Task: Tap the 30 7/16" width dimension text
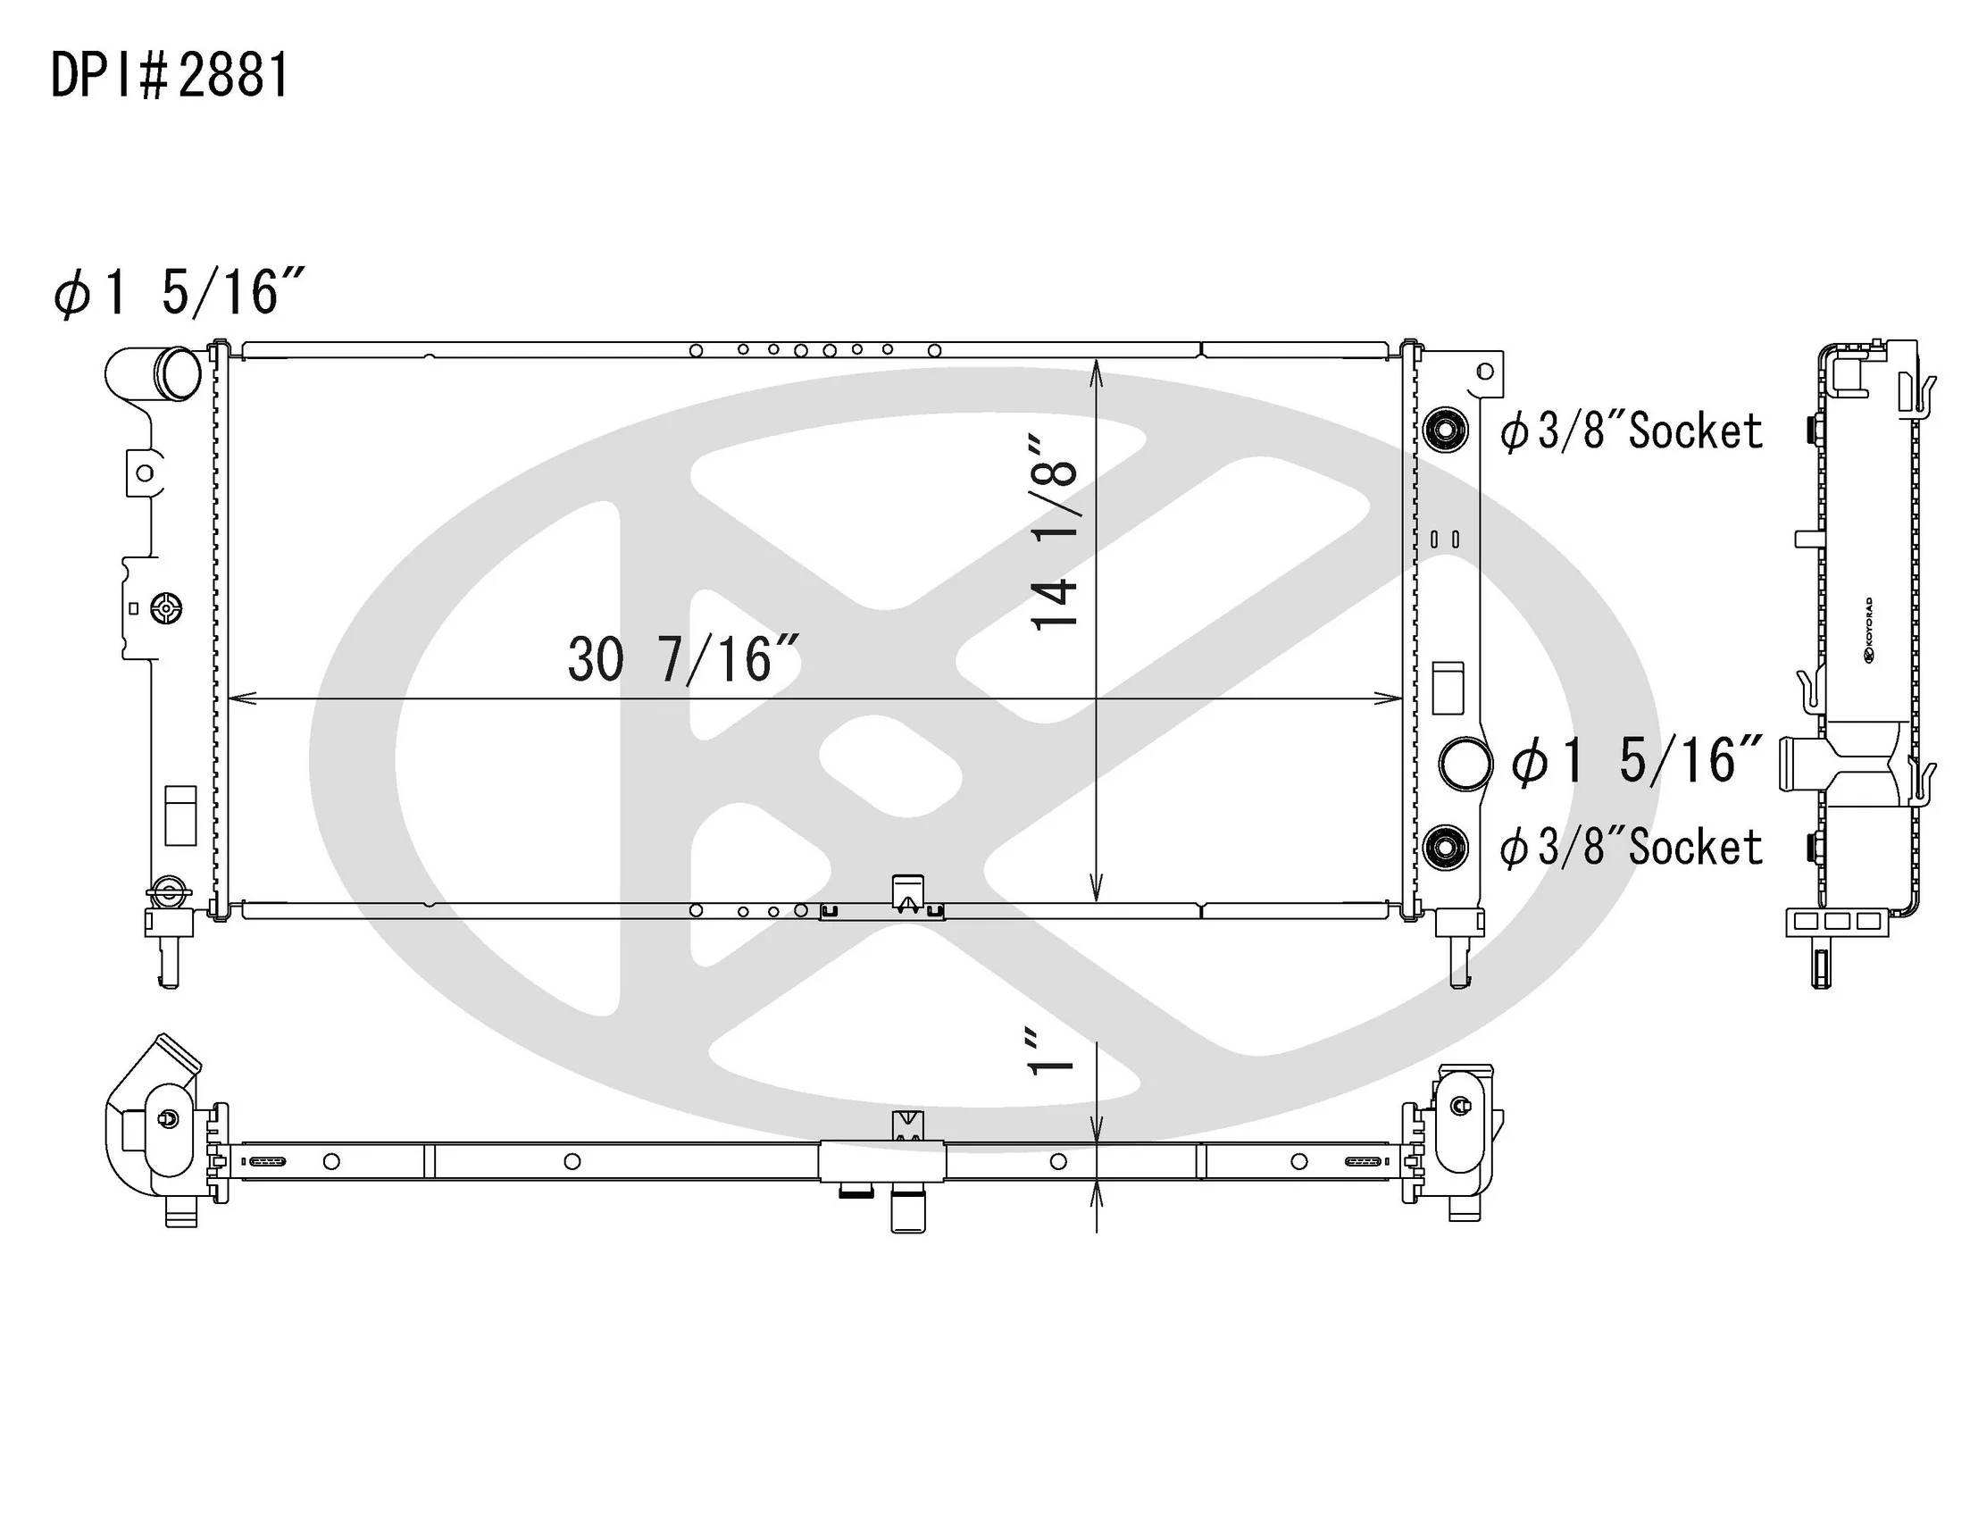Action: click(x=684, y=659)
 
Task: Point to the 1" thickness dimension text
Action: click(x=1052, y=1052)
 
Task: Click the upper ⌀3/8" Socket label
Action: click(x=1631, y=431)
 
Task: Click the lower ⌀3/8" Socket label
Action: click(x=1631, y=847)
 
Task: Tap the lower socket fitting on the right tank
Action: click(x=1446, y=848)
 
